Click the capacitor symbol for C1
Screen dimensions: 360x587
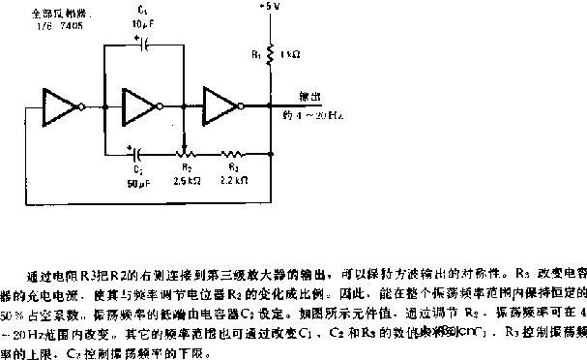point(144,43)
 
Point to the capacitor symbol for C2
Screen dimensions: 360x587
point(139,152)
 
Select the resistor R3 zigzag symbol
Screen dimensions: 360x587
point(233,152)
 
